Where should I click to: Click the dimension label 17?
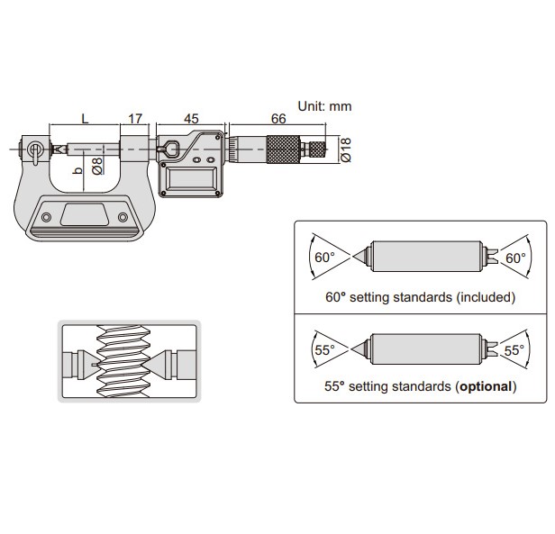coord(135,119)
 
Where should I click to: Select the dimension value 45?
coord(190,119)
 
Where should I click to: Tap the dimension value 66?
coord(278,119)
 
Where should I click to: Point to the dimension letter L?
coord(85,119)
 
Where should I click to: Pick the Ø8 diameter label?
coord(97,167)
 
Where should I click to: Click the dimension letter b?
coord(77,168)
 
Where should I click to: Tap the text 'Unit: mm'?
coord(325,106)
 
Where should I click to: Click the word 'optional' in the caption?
coord(484,387)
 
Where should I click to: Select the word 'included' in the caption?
coord(485,295)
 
